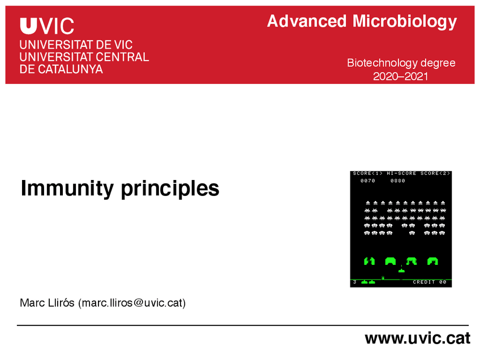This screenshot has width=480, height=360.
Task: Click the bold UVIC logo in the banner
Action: pyautogui.click(x=47, y=26)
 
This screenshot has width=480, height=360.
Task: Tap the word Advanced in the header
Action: pyautogui.click(x=307, y=22)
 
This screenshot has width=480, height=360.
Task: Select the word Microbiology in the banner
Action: pyautogui.click(x=405, y=22)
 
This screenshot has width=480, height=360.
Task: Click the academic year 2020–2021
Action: pyautogui.click(x=400, y=76)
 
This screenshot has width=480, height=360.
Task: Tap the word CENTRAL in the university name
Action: pyautogui.click(x=122, y=57)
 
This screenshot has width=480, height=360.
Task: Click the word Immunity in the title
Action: pyautogui.click(x=67, y=188)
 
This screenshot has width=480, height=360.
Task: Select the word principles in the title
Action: pyautogui.click(x=170, y=188)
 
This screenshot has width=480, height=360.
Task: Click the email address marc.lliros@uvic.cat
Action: pyautogui.click(x=132, y=303)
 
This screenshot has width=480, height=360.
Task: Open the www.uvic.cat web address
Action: pyautogui.click(x=418, y=338)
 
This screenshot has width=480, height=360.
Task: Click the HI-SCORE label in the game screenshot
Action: pyautogui.click(x=401, y=173)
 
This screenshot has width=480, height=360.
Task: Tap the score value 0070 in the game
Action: pyautogui.click(x=368, y=181)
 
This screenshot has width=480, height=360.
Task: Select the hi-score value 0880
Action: pyautogui.click(x=398, y=181)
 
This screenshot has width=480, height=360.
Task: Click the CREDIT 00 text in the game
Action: pyautogui.click(x=430, y=282)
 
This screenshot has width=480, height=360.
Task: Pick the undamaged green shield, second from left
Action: pyautogui.click(x=391, y=261)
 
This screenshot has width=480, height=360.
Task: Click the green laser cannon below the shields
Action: pyautogui.click(x=402, y=271)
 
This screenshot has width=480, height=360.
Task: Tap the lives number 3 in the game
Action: pyautogui.click(x=355, y=282)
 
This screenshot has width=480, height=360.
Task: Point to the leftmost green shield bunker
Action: pyautogui.click(x=369, y=261)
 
